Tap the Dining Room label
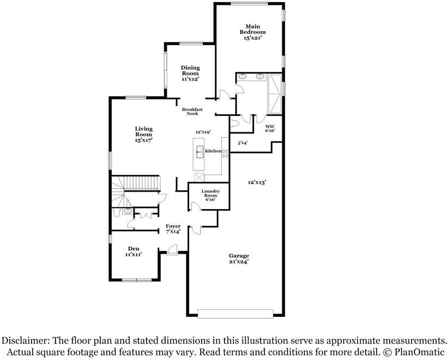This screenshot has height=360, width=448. (x=190, y=74)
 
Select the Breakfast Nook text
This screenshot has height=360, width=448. (x=192, y=111)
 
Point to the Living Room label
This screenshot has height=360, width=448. (x=144, y=134)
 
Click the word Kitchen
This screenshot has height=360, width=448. (x=213, y=151)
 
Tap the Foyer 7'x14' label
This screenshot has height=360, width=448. (x=173, y=229)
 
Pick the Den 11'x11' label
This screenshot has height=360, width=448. (x=134, y=251)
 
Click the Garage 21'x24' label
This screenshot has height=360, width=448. (x=239, y=258)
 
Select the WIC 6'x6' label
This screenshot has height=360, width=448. (x=270, y=128)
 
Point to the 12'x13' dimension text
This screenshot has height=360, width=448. (x=257, y=182)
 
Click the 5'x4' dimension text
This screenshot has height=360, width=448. (x=243, y=143)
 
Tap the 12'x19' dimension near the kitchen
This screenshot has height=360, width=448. (x=203, y=132)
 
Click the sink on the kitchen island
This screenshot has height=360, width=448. (x=200, y=151)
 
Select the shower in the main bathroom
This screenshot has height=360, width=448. (x=275, y=87)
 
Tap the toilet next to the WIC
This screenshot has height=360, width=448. (x=235, y=123)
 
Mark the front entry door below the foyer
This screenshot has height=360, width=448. (x=172, y=250)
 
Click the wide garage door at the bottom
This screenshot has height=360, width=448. (x=235, y=313)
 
